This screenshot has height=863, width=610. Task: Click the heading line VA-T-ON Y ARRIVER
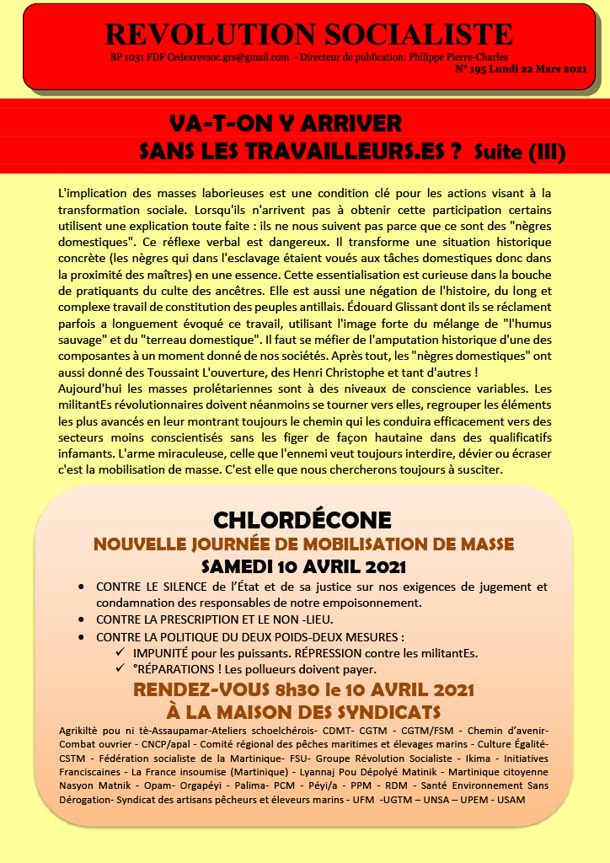coord(286,123)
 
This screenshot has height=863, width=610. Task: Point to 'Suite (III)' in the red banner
coord(519,152)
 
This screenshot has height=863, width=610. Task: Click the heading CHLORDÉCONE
coord(302,519)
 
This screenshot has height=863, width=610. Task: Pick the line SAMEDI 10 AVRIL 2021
coord(303,566)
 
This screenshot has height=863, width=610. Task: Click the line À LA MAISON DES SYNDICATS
coord(303,711)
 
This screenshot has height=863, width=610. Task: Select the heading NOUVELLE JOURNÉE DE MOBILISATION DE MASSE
coord(303,544)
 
